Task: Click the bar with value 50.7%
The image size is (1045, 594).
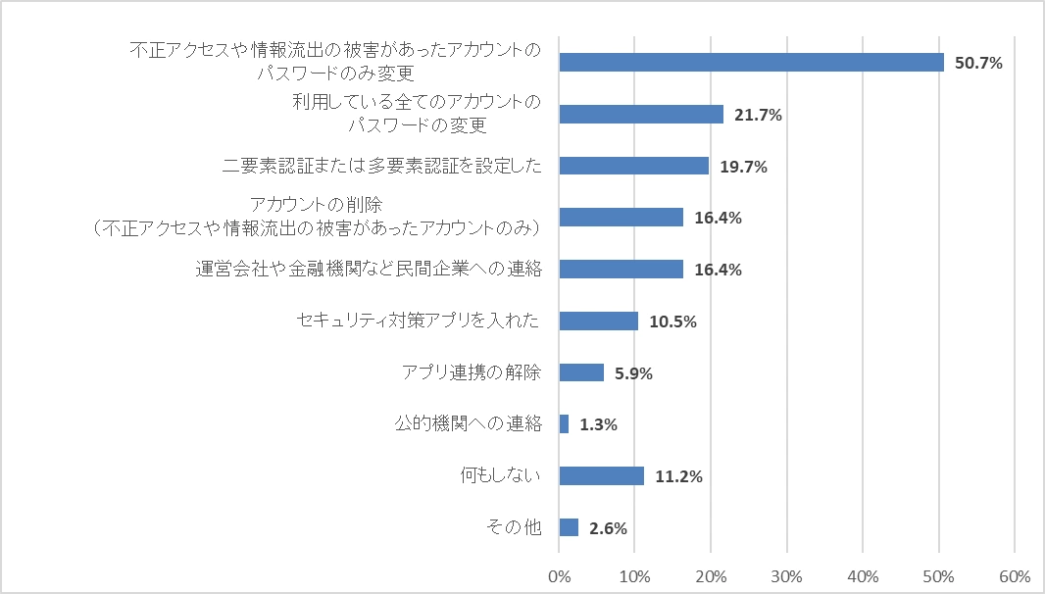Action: tap(751, 63)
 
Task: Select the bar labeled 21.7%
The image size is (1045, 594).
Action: tap(641, 115)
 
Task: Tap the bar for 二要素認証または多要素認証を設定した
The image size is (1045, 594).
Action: tap(633, 166)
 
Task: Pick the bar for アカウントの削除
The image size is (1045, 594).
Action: tap(621, 218)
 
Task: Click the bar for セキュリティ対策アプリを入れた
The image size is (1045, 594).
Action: tap(598, 321)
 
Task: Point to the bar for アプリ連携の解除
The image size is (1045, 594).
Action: tap(581, 372)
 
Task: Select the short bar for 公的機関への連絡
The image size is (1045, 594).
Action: tap(564, 424)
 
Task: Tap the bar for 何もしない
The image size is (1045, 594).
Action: tap(601, 476)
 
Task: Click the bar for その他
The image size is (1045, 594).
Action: tap(569, 527)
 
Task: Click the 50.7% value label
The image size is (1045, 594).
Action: tap(979, 64)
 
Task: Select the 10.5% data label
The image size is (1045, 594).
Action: tap(673, 322)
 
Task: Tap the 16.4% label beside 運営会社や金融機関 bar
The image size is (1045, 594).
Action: tap(719, 270)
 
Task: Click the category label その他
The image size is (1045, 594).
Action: tap(515, 527)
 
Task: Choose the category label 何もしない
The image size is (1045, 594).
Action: tap(501, 476)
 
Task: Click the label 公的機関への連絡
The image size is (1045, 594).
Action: tap(469, 424)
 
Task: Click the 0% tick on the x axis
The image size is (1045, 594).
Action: tap(559, 575)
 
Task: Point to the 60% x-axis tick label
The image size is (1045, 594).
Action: tap(1015, 575)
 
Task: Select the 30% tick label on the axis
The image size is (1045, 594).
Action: tap(787, 575)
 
